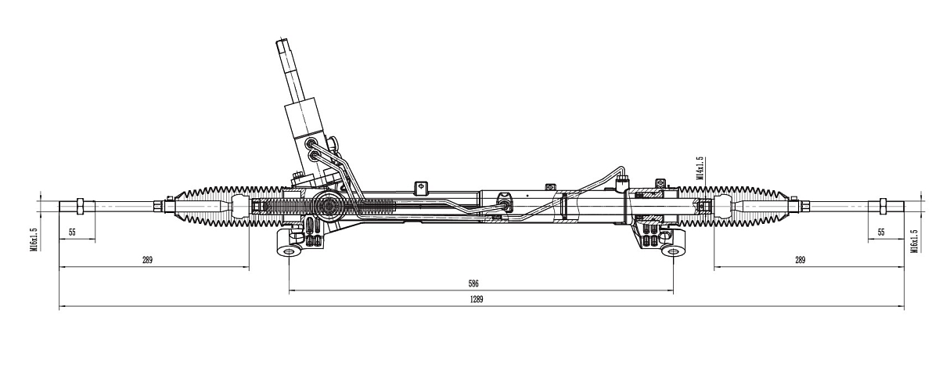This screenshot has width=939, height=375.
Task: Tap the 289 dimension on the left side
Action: [x=147, y=260]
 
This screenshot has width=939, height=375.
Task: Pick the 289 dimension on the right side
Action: [x=799, y=260]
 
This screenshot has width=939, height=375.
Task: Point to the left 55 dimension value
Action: [x=72, y=233]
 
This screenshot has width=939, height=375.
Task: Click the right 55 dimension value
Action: [x=880, y=233]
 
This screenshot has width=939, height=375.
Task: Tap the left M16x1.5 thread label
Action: [x=34, y=240]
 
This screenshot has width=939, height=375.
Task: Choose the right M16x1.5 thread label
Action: [x=913, y=241]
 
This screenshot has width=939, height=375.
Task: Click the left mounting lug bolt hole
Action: [x=289, y=252]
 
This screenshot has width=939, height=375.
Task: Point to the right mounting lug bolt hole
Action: [x=672, y=252]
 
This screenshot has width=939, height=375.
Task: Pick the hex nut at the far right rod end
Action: [x=881, y=207]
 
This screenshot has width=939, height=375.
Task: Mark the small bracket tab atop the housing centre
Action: [x=420, y=186]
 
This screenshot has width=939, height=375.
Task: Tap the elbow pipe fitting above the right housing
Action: [x=622, y=182]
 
